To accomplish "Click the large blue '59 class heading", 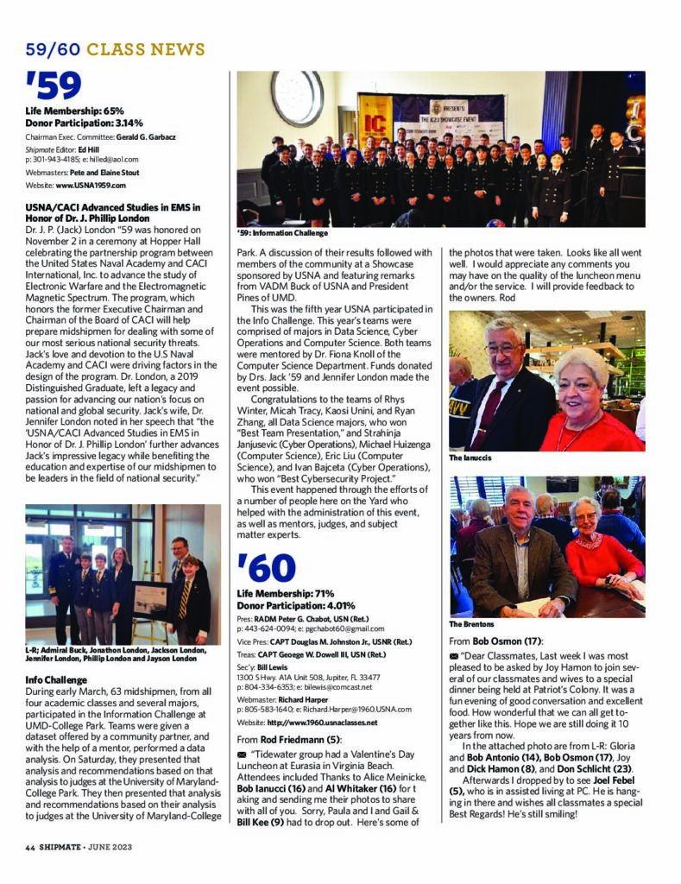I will click(x=54, y=85).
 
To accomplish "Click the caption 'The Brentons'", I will click(x=472, y=623).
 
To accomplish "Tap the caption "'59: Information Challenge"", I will click(x=282, y=232).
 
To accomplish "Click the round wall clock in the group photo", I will click(x=297, y=98).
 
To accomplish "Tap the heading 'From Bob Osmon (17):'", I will click(x=495, y=642).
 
